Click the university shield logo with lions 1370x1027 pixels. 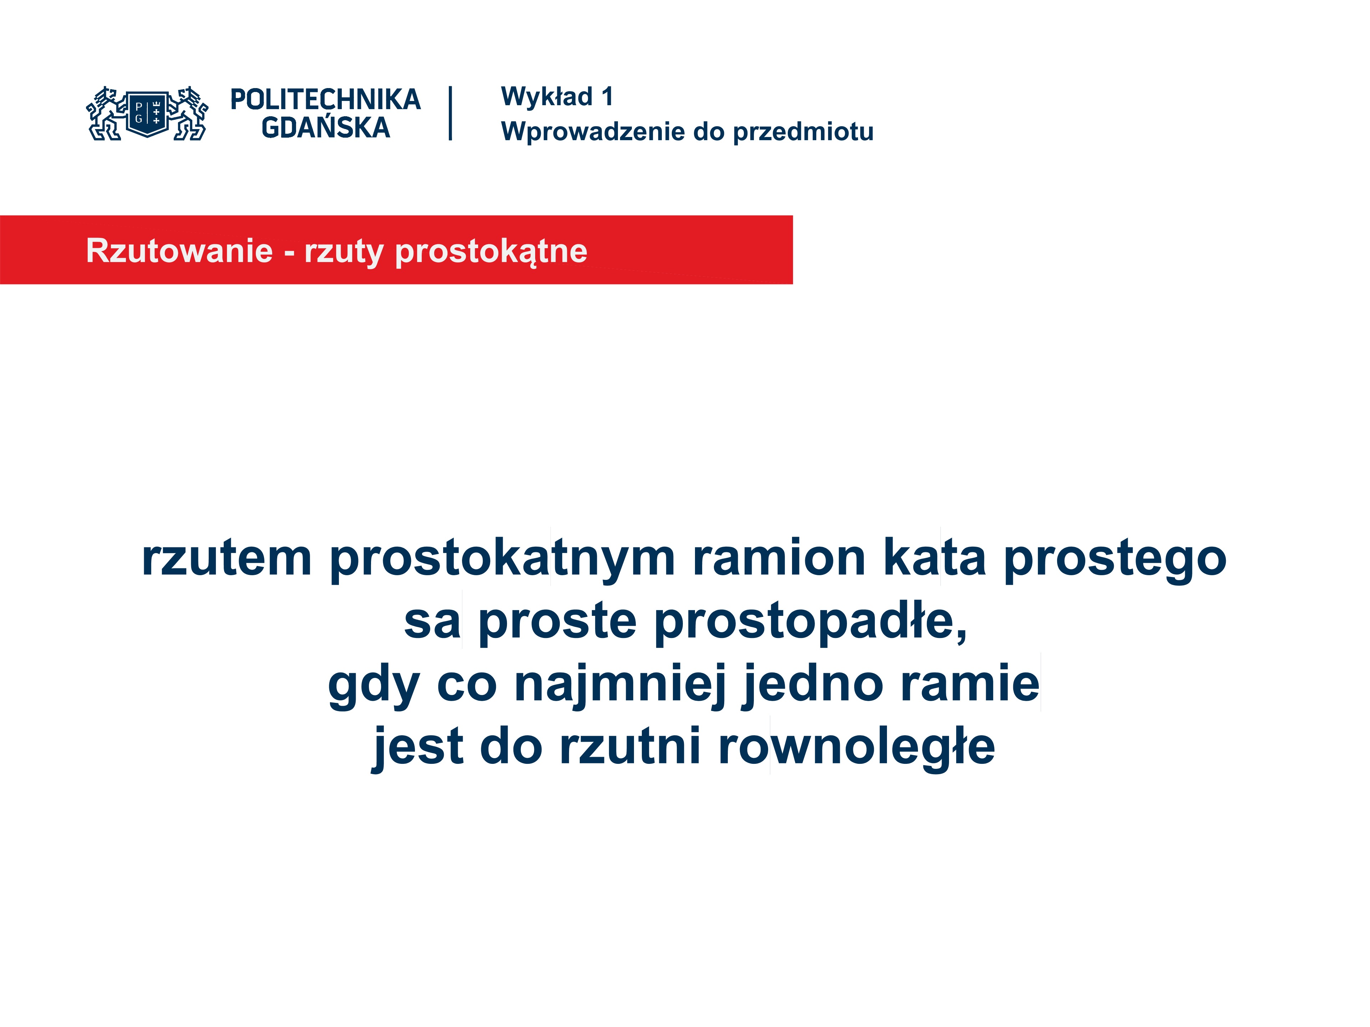coord(147,113)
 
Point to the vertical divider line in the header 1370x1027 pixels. coord(450,113)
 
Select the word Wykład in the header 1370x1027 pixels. coord(547,97)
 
